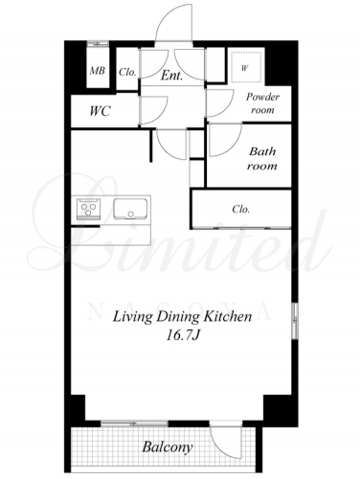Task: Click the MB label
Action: click(x=98, y=71)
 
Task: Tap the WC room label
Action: click(x=100, y=111)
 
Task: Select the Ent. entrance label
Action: click(x=171, y=76)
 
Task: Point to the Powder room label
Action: click(x=262, y=103)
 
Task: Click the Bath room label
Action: click(x=262, y=158)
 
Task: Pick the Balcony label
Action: click(x=168, y=447)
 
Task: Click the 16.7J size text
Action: click(x=183, y=335)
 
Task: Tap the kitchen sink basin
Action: click(x=130, y=209)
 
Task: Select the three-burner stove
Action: click(x=88, y=209)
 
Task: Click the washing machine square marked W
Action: click(x=246, y=67)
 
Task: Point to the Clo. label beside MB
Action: click(x=127, y=72)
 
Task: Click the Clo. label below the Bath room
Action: click(x=240, y=209)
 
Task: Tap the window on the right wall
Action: click(x=295, y=320)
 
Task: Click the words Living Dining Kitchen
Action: click(x=183, y=317)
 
